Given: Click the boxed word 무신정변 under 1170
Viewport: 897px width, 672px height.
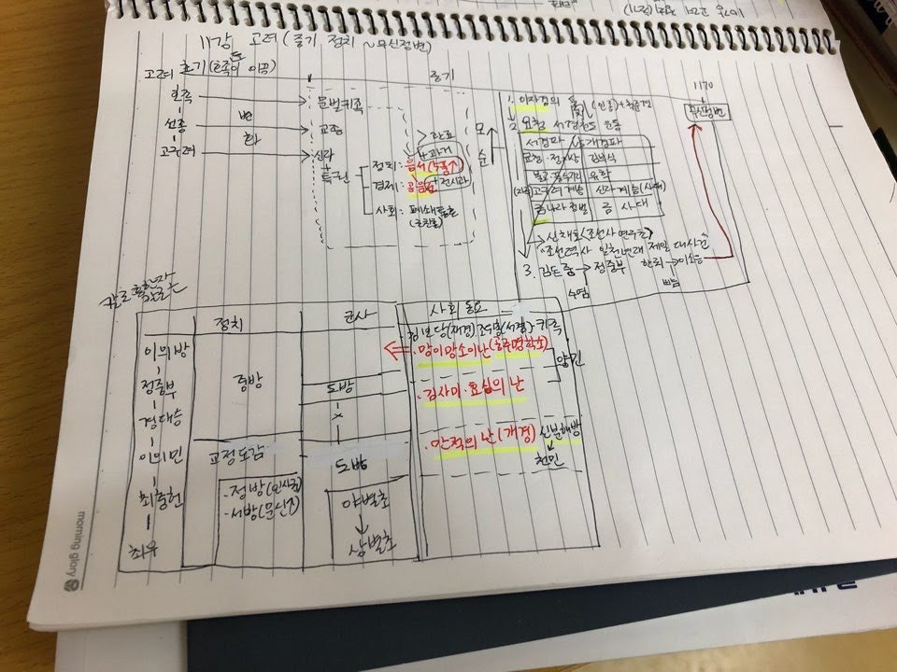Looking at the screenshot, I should tap(709, 109).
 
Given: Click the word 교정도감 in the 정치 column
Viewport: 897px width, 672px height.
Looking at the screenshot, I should tap(239, 455).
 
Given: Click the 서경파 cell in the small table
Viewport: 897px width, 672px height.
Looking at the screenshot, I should tap(542, 144).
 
